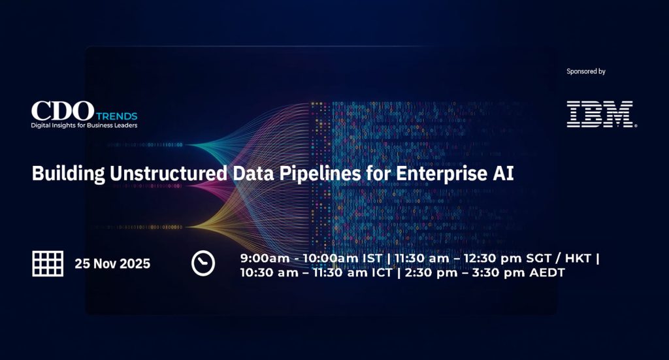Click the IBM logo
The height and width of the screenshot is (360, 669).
pos(601,114)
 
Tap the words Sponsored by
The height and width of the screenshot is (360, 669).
pos(586,72)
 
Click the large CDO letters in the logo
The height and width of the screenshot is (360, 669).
pos(63,111)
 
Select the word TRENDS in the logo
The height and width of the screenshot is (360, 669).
pos(116,116)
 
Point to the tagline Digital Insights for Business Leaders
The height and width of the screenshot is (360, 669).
pos(84,125)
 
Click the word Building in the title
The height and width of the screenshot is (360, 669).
pos(68,174)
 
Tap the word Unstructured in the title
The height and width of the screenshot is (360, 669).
pos(169,173)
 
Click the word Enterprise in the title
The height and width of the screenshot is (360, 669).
pos(442,174)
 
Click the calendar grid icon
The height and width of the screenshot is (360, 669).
pos(48,263)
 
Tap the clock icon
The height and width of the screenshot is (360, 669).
pos(203,263)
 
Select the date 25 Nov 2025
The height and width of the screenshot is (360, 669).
pos(112,263)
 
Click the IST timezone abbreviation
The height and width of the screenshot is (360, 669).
pos(372,258)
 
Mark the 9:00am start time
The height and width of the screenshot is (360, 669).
pos(259,258)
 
